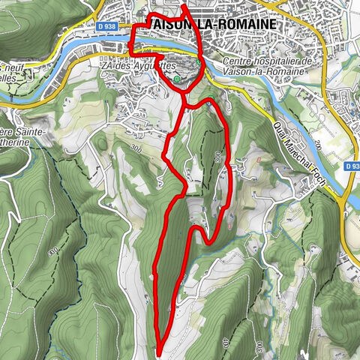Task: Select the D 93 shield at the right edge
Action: pyautogui.click(x=352, y=166)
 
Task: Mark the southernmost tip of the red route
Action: pyautogui.click(x=160, y=349)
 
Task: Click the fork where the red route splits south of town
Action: pyautogui.click(x=184, y=106)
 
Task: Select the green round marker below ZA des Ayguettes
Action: pyautogui.click(x=176, y=78)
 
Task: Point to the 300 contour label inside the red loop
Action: pyautogui.click(x=217, y=157)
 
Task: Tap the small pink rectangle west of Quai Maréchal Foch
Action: pyautogui.click(x=260, y=160)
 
